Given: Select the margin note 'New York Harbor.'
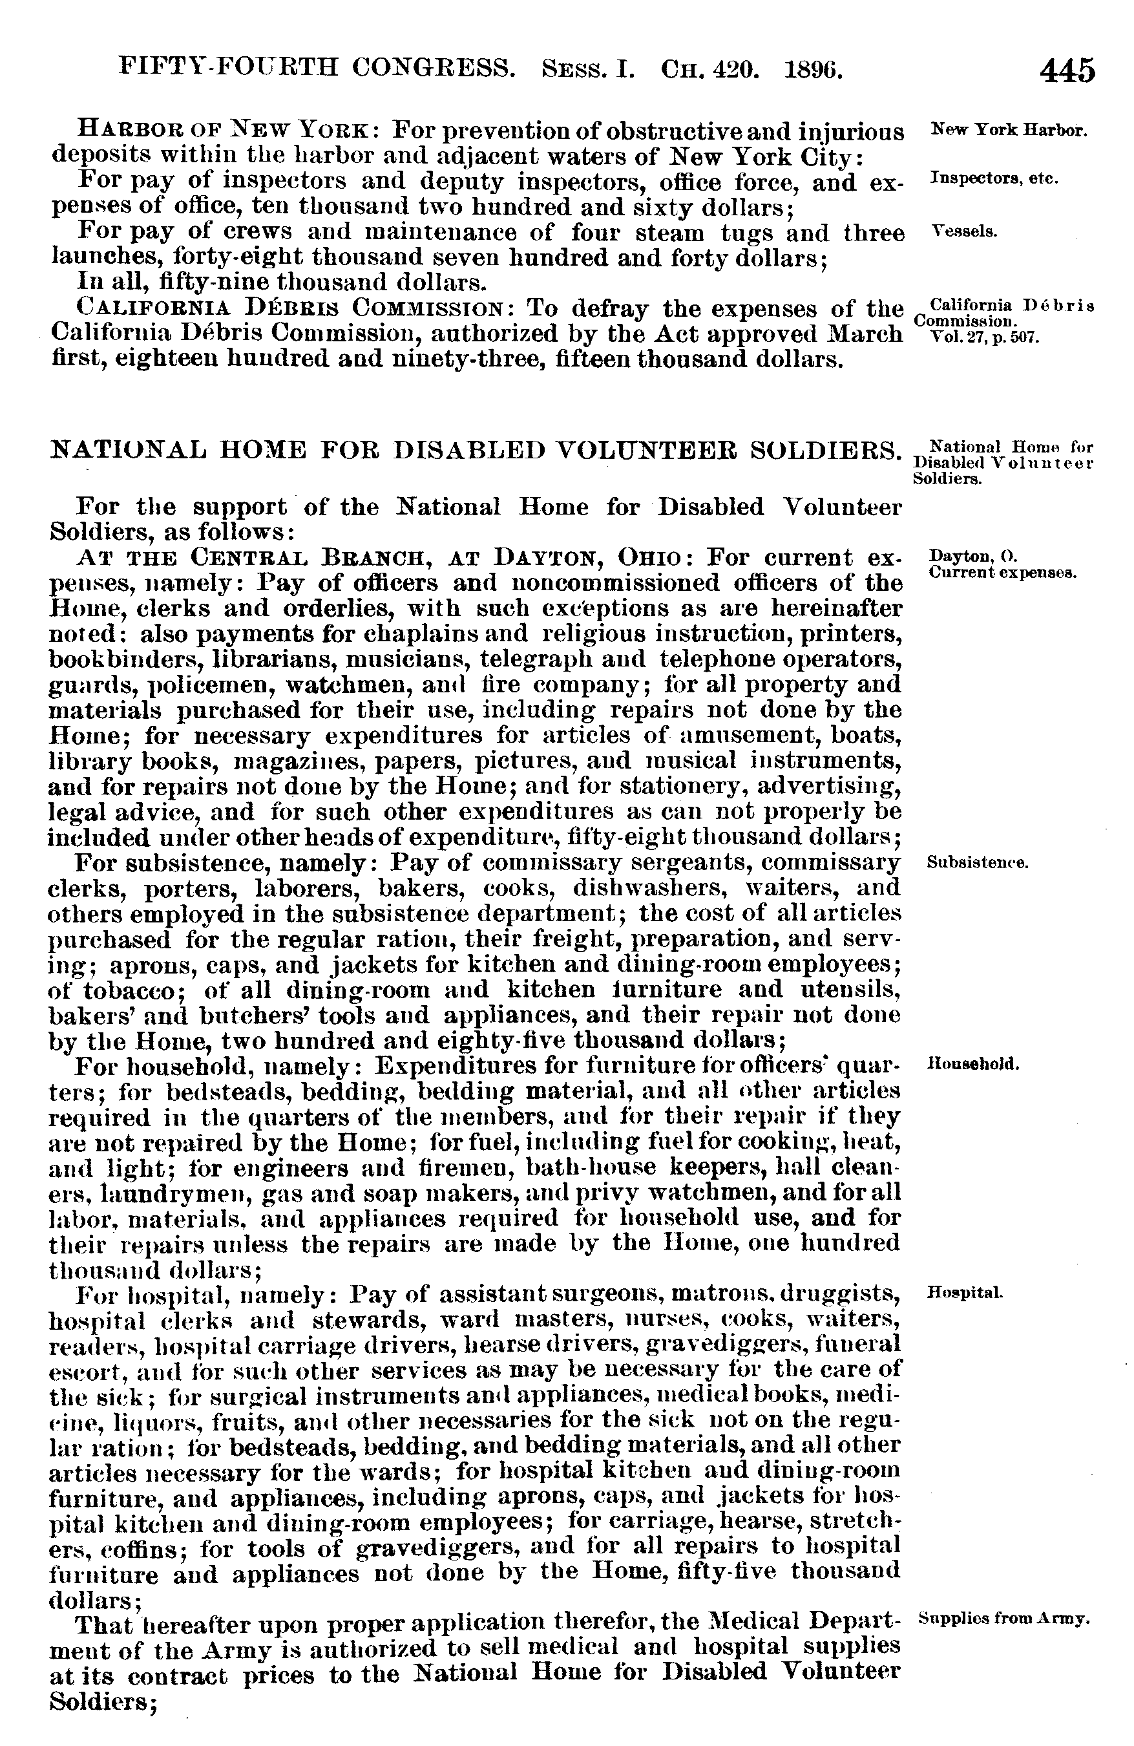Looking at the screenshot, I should point(1008,131).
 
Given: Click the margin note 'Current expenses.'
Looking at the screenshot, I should point(1002,572).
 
